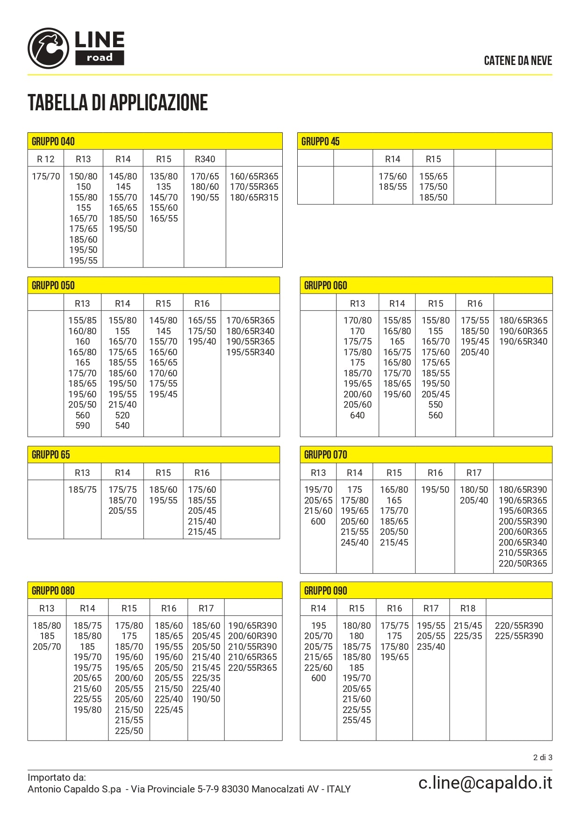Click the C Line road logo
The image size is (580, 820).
point(76,48)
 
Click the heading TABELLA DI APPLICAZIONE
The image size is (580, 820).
point(118,103)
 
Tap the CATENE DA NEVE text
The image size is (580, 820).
point(518,61)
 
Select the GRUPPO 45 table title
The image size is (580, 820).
point(321,141)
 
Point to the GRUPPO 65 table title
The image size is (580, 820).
point(51,454)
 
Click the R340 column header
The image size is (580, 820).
point(205,159)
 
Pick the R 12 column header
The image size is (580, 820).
point(46,159)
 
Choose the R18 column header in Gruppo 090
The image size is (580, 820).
point(468,608)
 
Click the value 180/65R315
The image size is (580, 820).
point(254,197)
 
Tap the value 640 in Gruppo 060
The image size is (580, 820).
point(358,415)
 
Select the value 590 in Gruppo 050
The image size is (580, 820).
point(83,425)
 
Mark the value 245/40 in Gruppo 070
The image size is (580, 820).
point(355,542)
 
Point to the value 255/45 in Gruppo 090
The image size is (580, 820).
point(357,720)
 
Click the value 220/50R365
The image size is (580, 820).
point(523,563)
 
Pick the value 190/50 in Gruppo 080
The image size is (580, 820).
point(206,699)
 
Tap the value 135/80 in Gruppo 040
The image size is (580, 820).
point(164,176)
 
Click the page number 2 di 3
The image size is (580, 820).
point(543,757)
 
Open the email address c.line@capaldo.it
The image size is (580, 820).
point(485,783)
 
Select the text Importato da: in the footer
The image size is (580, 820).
point(57,777)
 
